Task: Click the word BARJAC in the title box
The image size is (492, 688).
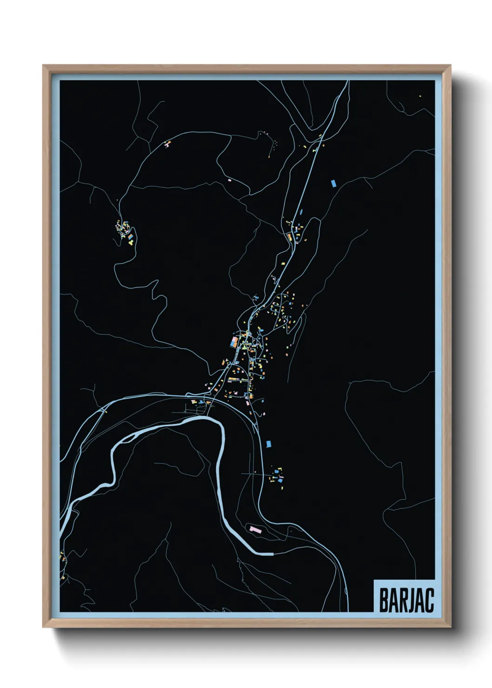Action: (x=406, y=600)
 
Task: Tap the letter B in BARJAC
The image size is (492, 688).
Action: (x=384, y=600)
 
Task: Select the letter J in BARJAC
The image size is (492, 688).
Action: (x=411, y=600)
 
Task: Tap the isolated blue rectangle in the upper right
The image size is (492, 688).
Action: (x=333, y=183)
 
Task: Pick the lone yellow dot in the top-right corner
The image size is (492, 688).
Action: (x=420, y=96)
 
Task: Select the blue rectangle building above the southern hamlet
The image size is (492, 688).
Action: (x=268, y=444)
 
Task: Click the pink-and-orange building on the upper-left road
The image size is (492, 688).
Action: (x=166, y=145)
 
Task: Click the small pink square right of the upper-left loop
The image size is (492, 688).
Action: (x=230, y=179)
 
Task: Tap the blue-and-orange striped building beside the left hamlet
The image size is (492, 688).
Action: (x=131, y=238)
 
